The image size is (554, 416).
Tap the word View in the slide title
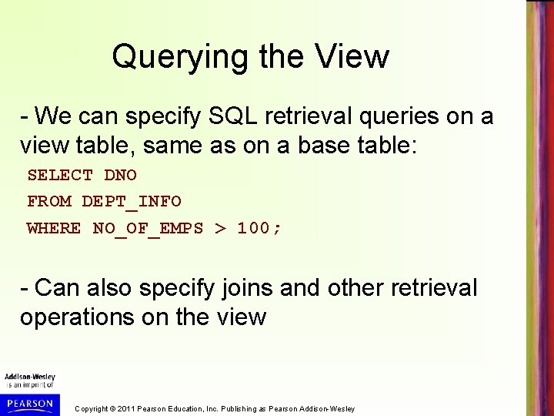pos(355,56)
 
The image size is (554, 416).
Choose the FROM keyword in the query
pos(48,201)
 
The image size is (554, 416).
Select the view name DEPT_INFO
pos(132,201)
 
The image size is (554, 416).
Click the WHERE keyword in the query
pos(54,227)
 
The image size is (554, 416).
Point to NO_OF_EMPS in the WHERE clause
pos(147,227)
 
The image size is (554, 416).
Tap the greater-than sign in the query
pos(220,227)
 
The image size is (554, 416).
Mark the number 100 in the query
pos(253,227)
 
